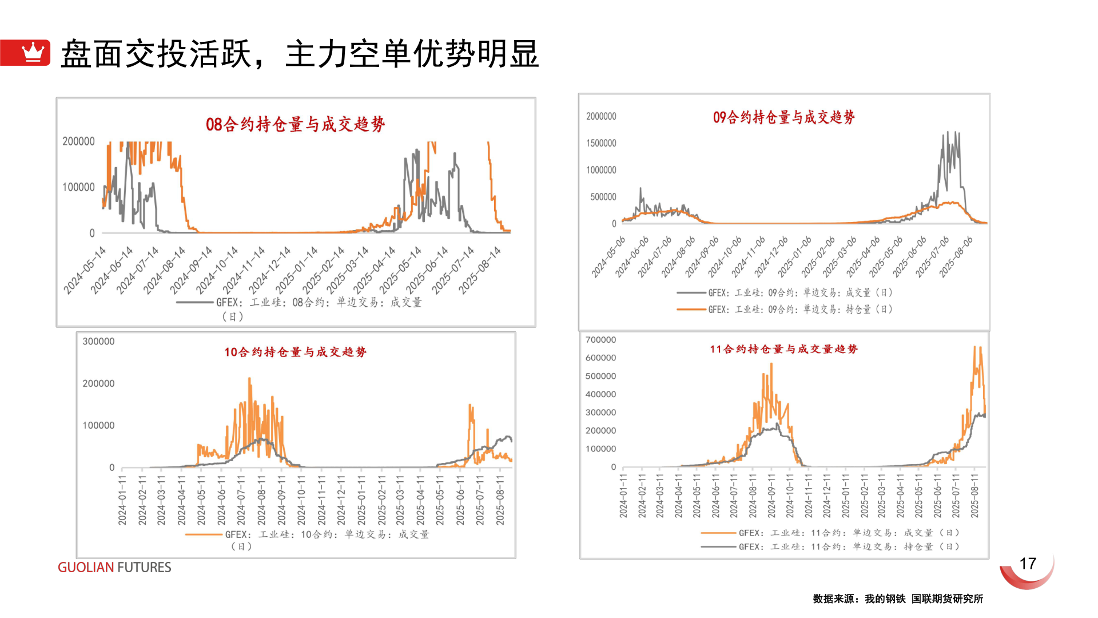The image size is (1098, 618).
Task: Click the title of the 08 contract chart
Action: point(295,124)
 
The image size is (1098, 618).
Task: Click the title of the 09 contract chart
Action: point(783,117)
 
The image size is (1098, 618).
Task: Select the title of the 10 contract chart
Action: point(295,352)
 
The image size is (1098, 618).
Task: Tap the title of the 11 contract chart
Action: point(783,349)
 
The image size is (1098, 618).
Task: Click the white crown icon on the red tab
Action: point(33,52)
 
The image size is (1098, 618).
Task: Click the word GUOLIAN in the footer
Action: point(86,567)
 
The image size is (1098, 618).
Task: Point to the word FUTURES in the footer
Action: point(144,567)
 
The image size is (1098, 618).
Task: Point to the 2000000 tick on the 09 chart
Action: point(601,116)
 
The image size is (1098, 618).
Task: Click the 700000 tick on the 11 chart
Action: point(600,340)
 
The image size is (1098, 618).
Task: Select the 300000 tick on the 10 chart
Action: point(98,342)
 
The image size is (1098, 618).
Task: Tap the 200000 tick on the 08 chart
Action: point(78,141)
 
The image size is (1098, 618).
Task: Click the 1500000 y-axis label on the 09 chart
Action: point(601,143)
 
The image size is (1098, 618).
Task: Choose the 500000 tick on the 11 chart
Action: point(600,376)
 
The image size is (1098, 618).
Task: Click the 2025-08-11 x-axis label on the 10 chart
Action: point(500,499)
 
